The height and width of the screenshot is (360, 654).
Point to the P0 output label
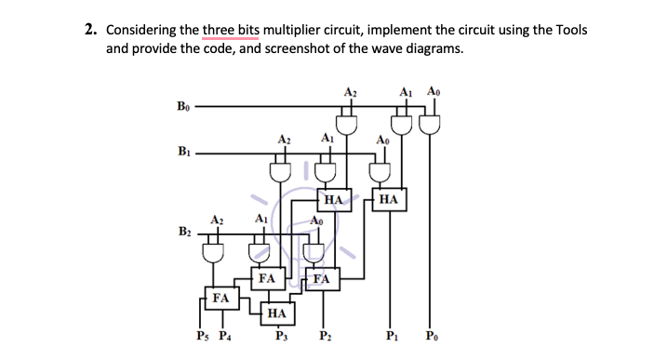(x=431, y=337)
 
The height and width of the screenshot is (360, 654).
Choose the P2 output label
(x=323, y=337)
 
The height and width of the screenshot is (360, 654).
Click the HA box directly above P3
(x=276, y=314)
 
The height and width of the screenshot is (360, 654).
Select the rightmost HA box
(x=389, y=199)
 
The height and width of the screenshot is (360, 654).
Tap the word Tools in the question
(x=568, y=30)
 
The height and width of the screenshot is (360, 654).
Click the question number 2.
(x=90, y=30)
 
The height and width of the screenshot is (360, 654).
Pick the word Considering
(x=140, y=30)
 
